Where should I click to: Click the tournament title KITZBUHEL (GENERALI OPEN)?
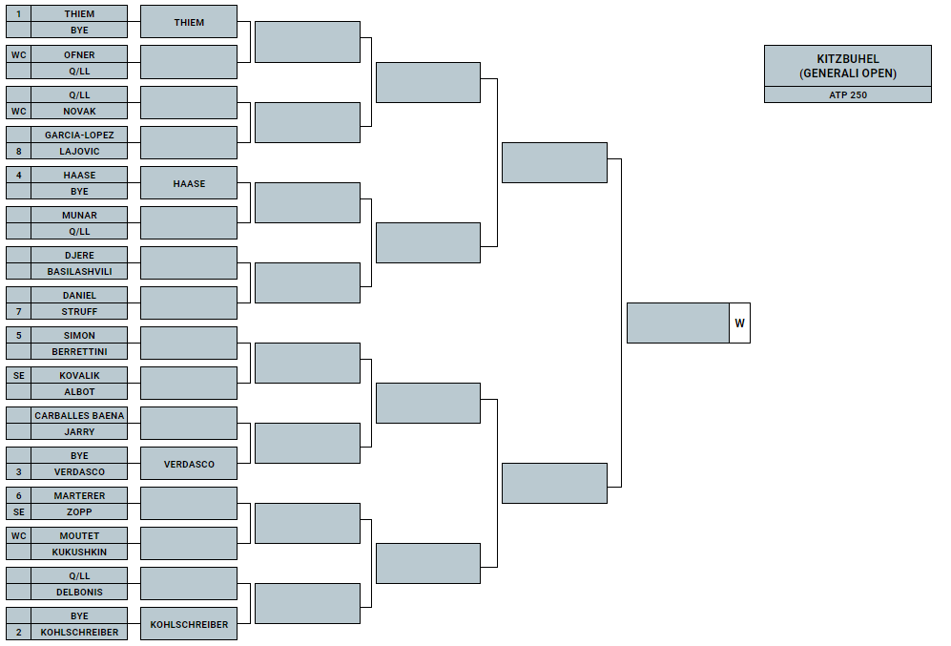click(x=847, y=66)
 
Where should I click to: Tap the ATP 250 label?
click(x=847, y=94)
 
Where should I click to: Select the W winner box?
click(x=739, y=323)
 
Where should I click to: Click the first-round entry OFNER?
click(x=79, y=54)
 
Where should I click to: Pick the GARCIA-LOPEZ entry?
click(x=79, y=135)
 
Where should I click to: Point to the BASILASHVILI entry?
click(x=79, y=271)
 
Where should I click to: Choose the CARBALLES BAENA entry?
click(x=79, y=415)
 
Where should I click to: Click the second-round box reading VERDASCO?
click(x=189, y=464)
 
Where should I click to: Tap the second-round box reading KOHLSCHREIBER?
click(x=189, y=624)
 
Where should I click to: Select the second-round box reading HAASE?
click(x=189, y=183)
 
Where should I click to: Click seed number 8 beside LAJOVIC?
click(x=19, y=151)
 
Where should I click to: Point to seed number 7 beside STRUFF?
click(x=19, y=311)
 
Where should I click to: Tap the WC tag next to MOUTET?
click(x=19, y=535)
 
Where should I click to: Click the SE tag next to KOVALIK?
click(x=19, y=375)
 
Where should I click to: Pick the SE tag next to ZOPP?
click(x=19, y=511)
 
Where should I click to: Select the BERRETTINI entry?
click(x=79, y=351)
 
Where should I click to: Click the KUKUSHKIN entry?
click(x=79, y=552)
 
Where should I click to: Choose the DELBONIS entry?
click(x=79, y=592)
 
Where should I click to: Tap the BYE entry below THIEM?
click(x=79, y=30)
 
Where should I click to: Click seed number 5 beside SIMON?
click(x=19, y=335)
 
